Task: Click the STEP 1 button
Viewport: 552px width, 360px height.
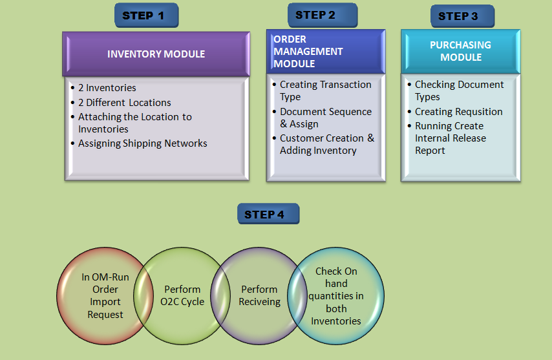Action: pyautogui.click(x=147, y=16)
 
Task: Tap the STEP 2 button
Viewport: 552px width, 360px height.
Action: pyautogui.click(x=323, y=15)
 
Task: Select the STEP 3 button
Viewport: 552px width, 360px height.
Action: pyautogui.click(x=462, y=16)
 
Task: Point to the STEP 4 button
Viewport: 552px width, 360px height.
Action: pyautogui.click(x=268, y=214)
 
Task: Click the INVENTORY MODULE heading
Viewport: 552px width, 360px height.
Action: pyautogui.click(x=156, y=54)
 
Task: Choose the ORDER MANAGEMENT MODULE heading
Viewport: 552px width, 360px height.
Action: pyautogui.click(x=308, y=51)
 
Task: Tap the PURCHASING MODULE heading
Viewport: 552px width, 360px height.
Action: pyautogui.click(x=460, y=51)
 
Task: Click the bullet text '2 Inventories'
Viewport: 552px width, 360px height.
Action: pyautogui.click(x=107, y=88)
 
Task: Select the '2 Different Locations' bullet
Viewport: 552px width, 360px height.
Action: pyautogui.click(x=124, y=102)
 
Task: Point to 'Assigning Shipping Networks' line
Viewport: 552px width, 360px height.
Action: pyautogui.click(x=143, y=143)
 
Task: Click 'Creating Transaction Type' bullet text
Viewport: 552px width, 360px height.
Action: pyautogui.click(x=325, y=90)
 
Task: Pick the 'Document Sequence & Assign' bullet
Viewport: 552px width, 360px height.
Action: pyautogui.click(x=326, y=118)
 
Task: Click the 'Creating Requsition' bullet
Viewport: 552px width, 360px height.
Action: pyautogui.click(x=458, y=112)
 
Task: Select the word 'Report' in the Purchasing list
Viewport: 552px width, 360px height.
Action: pyautogui.click(x=430, y=151)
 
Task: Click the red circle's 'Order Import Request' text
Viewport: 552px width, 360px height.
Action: pyautogui.click(x=105, y=302)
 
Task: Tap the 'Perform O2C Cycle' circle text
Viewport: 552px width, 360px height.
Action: pyautogui.click(x=182, y=295)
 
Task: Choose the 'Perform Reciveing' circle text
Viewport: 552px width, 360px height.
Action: pyautogui.click(x=259, y=295)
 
